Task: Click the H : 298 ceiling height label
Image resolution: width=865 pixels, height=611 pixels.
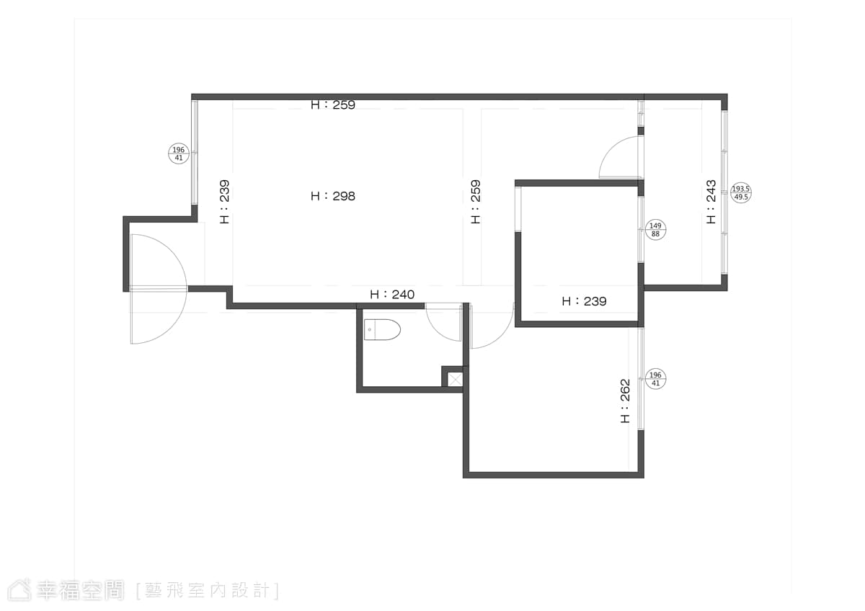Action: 333,196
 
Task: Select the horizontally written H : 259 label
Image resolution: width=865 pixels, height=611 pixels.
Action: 333,104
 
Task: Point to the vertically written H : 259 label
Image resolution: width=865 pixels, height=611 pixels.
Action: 476,202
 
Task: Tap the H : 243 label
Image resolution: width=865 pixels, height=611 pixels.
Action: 711,202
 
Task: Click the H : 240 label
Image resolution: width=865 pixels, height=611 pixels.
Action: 392,295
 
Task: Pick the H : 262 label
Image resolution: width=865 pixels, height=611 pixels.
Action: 625,401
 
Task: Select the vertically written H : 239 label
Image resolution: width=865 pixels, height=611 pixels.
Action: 224,202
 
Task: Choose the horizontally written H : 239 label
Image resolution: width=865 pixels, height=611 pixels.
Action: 584,301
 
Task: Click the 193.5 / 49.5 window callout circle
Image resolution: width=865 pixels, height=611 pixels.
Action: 741,193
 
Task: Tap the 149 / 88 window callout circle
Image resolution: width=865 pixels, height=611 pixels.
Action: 655,230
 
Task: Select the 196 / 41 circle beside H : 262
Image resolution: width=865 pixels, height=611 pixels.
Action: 655,379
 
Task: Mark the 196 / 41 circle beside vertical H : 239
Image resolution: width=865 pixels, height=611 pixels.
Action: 179,153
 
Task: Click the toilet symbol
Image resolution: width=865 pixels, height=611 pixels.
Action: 382,329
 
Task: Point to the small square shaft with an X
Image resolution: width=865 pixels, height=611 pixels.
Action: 455,380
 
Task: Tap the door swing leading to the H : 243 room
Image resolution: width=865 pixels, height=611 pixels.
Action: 610,147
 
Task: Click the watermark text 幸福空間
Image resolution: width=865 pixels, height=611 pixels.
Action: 80,590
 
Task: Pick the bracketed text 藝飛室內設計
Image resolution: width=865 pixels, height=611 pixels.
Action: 208,591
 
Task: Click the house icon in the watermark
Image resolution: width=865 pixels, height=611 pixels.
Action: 19,590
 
